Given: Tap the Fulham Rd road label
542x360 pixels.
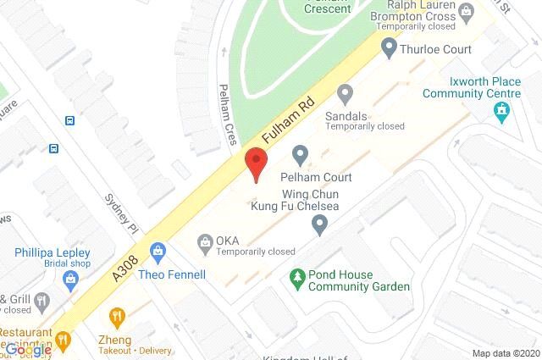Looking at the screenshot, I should [287, 124].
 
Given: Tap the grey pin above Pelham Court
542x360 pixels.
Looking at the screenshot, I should [300, 155].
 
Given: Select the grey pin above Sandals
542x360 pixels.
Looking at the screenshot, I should [345, 92].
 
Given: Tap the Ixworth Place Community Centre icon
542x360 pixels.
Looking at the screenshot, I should [503, 110].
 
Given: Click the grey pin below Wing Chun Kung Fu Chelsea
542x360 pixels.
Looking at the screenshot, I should [319, 225].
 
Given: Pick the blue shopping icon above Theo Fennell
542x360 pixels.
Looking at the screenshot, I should [158, 252].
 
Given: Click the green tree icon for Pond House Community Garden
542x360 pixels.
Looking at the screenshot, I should [297, 276].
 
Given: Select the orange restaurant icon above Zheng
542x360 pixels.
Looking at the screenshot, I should [117, 318].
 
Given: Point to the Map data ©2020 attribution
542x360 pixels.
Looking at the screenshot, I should [506, 353].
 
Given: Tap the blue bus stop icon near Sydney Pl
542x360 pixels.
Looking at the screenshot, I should [54, 149].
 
